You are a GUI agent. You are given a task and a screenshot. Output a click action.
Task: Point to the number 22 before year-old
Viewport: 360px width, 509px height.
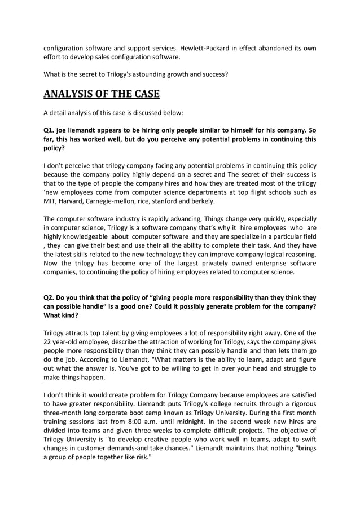point(49,343)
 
